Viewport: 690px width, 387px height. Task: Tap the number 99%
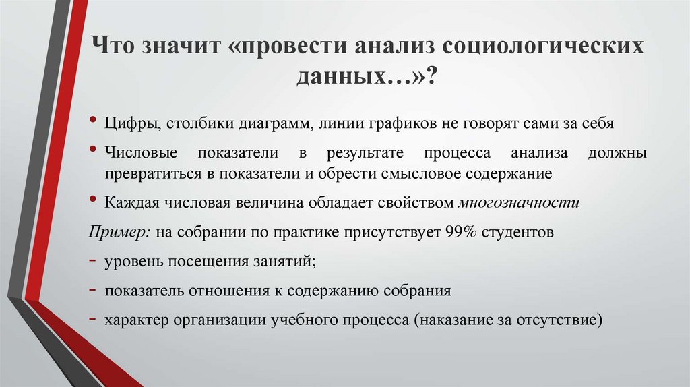(460, 232)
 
